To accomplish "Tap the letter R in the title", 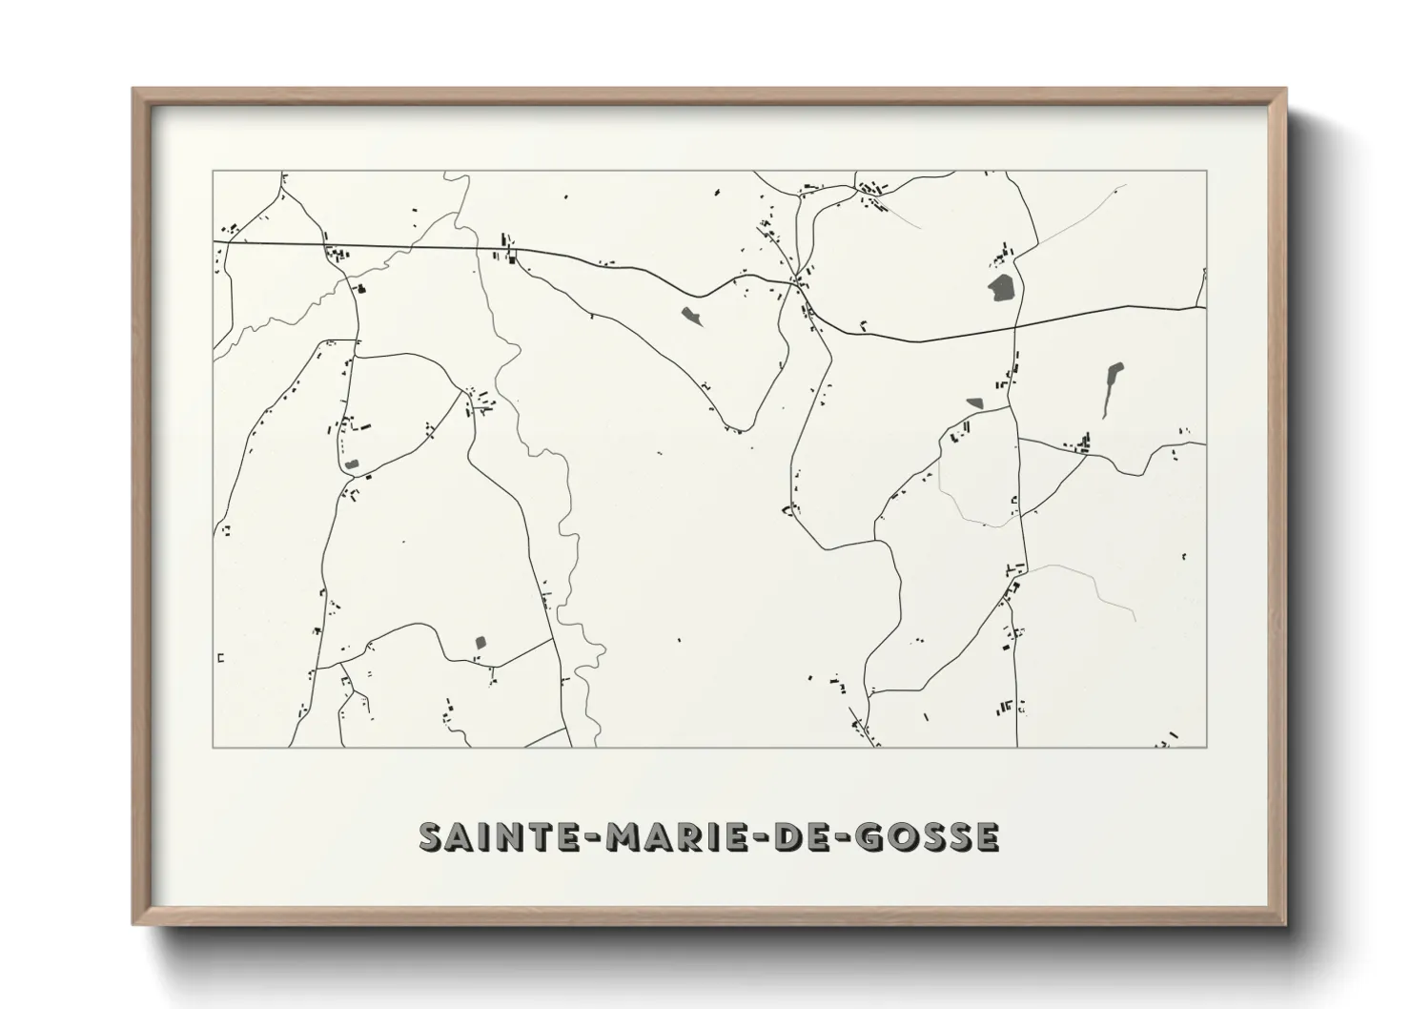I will click(668, 836).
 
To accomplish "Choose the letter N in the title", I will click(505, 836).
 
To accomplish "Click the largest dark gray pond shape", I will click(1001, 288).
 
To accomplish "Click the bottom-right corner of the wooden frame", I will click(1284, 923).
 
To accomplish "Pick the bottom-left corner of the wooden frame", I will click(134, 923).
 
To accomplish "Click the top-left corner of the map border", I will click(213, 172).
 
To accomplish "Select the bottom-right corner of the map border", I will click(1207, 747).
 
